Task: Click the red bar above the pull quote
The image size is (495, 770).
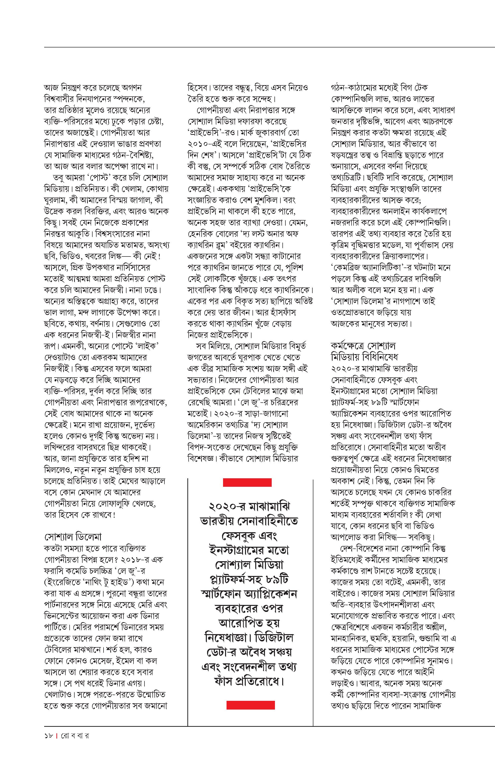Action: coord(247,482)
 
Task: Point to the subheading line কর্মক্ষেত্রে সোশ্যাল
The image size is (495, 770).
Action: coord(363,346)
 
